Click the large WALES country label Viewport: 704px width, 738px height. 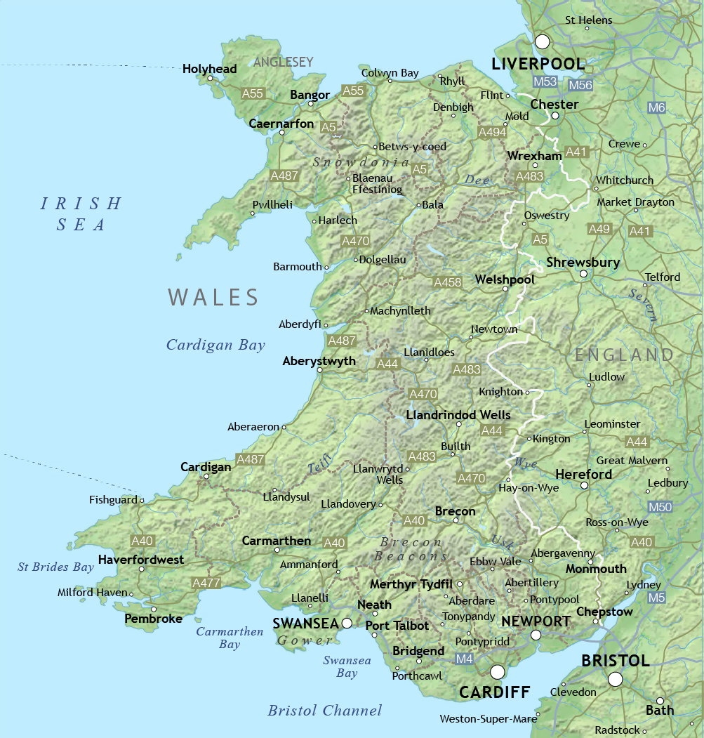213,297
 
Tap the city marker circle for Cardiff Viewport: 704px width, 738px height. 498,672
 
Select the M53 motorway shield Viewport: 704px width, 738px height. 545,82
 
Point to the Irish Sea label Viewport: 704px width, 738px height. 81,214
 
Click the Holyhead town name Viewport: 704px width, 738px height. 209,69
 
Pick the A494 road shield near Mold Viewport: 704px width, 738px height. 492,132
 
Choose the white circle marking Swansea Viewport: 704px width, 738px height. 347,623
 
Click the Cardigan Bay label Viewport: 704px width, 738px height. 215,345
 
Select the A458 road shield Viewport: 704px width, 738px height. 448,282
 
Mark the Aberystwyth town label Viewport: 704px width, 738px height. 319,361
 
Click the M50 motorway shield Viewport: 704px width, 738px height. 660,506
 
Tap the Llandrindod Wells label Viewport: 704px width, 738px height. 458,414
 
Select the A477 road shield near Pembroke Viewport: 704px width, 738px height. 206,583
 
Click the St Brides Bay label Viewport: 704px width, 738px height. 55,567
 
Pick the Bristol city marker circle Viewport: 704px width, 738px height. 616,679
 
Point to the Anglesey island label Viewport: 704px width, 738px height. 283,62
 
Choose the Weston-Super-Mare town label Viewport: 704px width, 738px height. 487,719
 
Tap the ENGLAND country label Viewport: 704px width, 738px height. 624,355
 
